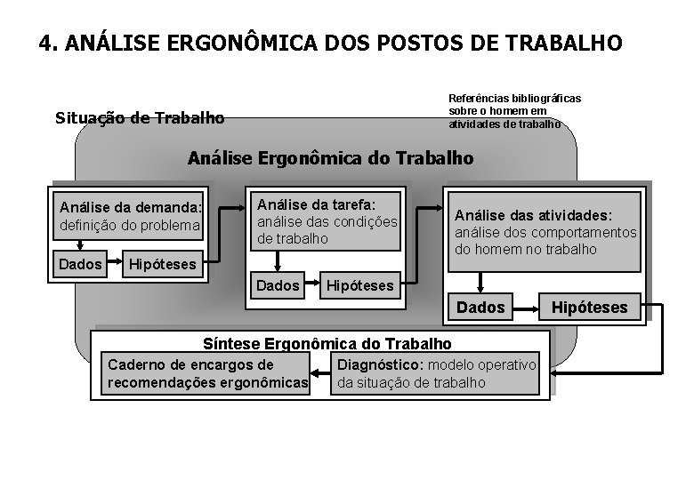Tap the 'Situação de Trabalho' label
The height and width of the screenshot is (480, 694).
(140, 117)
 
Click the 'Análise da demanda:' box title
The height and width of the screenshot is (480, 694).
(131, 208)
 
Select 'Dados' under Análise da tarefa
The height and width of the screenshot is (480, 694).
(278, 286)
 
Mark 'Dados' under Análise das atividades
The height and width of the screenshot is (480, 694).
(480, 308)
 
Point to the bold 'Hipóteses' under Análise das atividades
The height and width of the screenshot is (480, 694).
(591, 308)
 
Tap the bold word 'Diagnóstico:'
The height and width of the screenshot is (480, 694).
(376, 365)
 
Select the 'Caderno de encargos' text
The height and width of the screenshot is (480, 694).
(190, 365)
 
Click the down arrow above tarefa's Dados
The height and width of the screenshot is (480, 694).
(278, 261)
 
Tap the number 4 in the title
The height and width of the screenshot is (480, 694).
(45, 43)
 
